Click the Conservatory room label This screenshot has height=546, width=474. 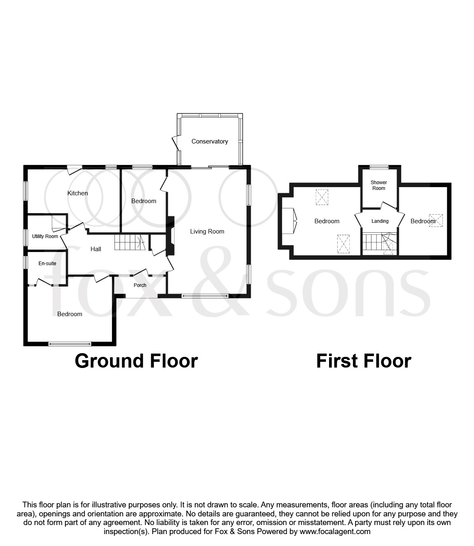tap(209, 141)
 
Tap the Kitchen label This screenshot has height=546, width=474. tap(77, 193)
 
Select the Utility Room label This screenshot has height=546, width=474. tap(45, 236)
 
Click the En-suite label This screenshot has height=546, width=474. tap(47, 264)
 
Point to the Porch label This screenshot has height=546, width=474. tap(140, 285)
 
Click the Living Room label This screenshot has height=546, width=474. tap(207, 231)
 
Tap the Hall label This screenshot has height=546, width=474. tap(96, 249)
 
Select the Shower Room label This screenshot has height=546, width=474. tap(378, 185)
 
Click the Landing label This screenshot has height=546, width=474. tap(380, 221)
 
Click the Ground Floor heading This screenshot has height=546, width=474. tap(136, 361)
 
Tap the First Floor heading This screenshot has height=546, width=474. tap(363, 361)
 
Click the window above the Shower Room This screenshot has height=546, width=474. tap(379, 167)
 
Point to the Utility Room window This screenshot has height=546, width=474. tap(26, 237)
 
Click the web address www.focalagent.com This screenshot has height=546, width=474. tap(335, 532)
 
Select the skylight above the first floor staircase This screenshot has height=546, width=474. tap(388, 248)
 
